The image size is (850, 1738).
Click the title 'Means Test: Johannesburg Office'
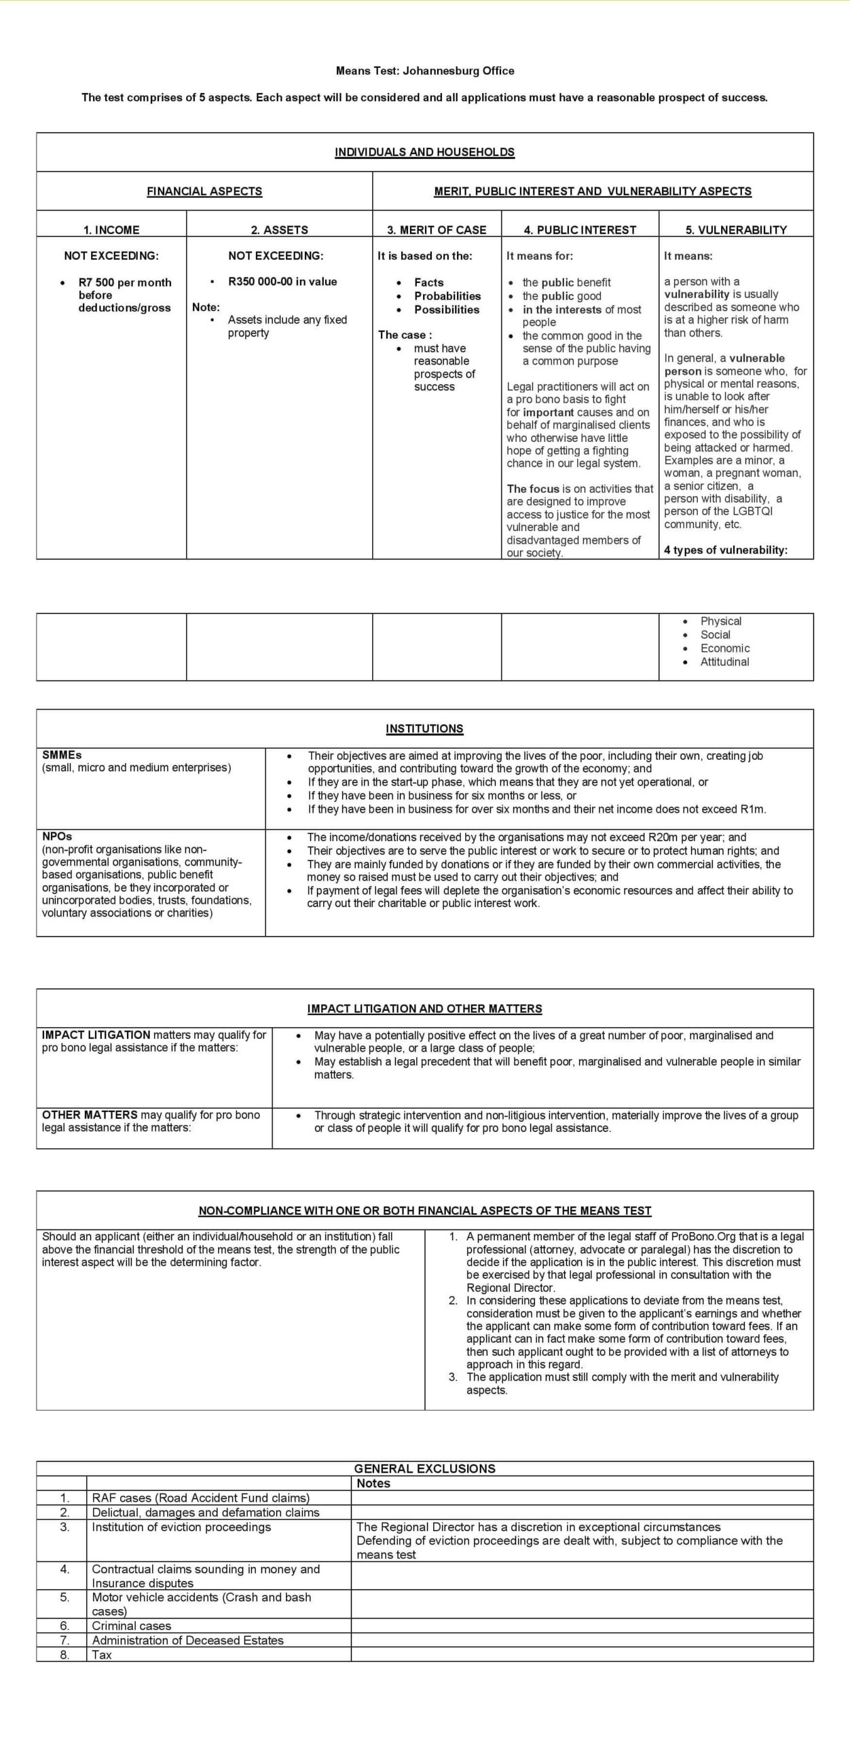point(424,71)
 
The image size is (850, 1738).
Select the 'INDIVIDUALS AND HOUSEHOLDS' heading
point(424,152)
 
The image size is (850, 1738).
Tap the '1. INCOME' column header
point(111,229)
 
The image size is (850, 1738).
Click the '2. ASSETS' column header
point(279,229)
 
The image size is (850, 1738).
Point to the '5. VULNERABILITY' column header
point(736,229)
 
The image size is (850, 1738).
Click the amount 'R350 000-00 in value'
point(282,282)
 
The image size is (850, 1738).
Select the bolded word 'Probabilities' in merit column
point(447,296)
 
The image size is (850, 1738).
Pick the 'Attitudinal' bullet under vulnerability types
point(724,662)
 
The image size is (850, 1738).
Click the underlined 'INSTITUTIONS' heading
point(424,728)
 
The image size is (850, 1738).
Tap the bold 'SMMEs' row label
point(62,755)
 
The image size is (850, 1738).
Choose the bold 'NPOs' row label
point(57,836)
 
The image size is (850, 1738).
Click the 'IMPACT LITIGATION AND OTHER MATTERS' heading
point(424,1009)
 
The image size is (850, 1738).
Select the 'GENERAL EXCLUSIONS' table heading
point(424,1468)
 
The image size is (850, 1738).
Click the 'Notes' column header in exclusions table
point(373,1483)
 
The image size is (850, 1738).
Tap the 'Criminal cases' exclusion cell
point(132,1625)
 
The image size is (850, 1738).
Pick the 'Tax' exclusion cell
point(102,1654)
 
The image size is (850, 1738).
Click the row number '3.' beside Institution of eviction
point(64,1527)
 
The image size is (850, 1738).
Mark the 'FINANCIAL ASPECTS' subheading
point(204,191)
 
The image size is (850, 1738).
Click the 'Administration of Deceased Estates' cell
point(188,1640)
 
